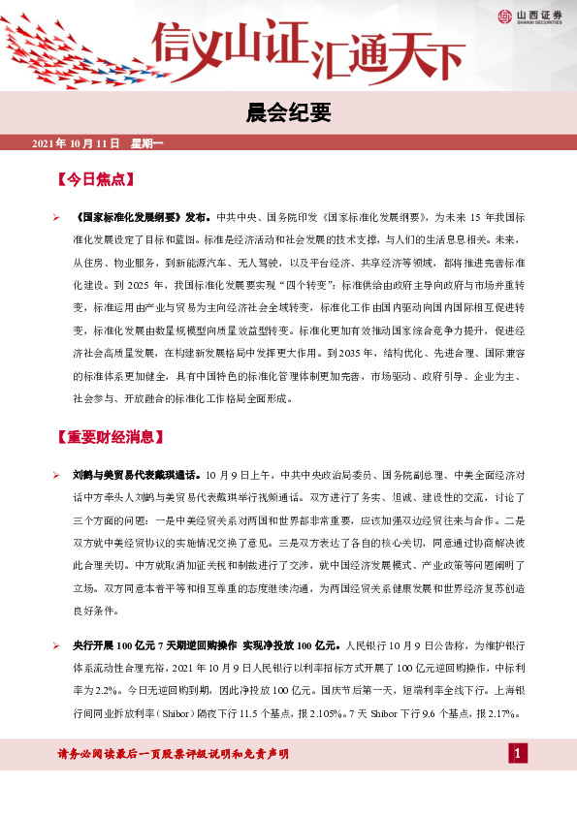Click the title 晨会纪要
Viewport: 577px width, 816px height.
coord(288,114)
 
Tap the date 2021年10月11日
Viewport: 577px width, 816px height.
coord(75,144)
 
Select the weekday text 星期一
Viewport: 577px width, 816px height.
coord(148,144)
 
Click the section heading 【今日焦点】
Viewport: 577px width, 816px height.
coord(95,179)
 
